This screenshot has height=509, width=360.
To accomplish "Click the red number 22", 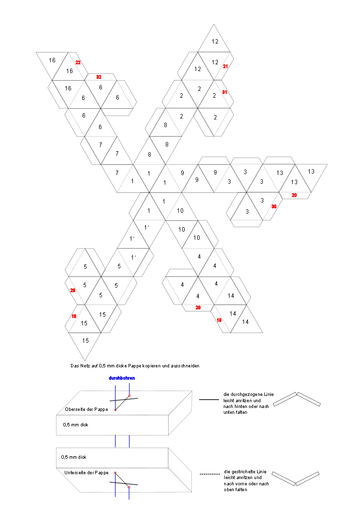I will (x=78, y=62).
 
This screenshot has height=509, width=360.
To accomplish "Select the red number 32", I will (x=99, y=77).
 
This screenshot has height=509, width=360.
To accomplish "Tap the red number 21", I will (x=225, y=66).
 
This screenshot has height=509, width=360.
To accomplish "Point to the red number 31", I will (x=224, y=92).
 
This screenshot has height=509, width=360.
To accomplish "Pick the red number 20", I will (x=294, y=195).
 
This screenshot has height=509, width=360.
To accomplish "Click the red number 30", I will (x=274, y=206).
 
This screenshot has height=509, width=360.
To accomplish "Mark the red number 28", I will (x=73, y=291).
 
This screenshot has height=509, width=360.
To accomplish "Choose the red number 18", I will (x=74, y=316).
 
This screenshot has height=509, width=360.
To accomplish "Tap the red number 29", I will (x=198, y=307).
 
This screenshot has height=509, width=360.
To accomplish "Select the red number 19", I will (x=219, y=320).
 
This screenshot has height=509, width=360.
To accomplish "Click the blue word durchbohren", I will (x=122, y=378).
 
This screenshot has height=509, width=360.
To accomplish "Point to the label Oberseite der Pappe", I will (x=86, y=409).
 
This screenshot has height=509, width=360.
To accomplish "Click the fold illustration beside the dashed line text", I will (x=296, y=478).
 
